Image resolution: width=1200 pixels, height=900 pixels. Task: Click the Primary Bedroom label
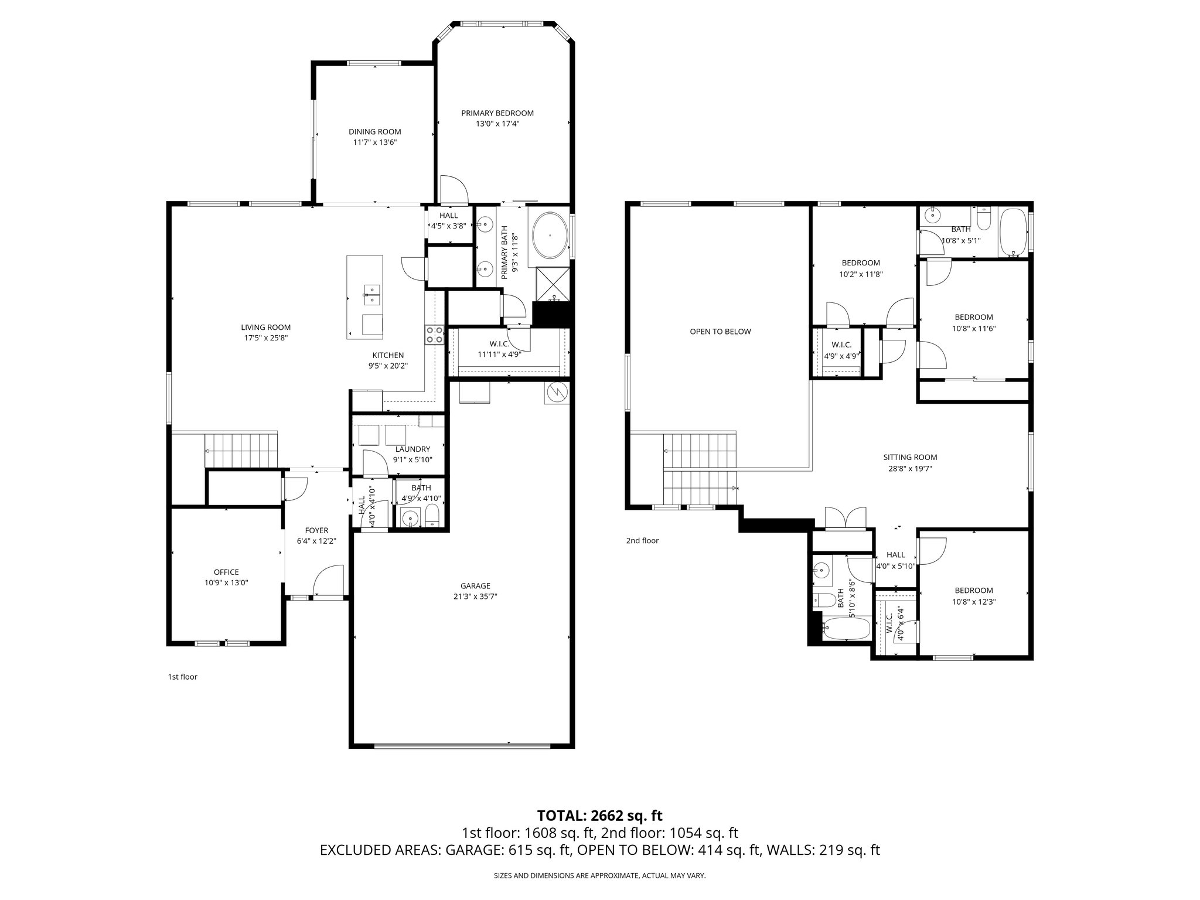pos(497,113)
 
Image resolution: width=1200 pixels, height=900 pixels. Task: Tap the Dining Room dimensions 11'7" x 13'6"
pos(374,142)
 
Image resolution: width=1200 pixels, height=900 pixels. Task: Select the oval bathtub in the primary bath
pos(550,236)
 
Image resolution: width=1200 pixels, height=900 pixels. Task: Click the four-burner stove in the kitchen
pos(434,335)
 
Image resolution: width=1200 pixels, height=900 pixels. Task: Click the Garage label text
pos(475,586)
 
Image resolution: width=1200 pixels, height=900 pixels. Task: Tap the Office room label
pos(226,572)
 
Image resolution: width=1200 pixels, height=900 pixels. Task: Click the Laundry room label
pos(412,449)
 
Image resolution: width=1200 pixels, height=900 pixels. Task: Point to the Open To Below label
pos(720,332)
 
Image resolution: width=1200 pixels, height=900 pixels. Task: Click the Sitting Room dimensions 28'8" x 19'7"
pos(910,469)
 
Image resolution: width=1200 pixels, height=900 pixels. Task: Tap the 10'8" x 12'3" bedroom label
pos(974,602)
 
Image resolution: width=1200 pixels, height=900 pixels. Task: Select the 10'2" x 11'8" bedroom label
pos(861,274)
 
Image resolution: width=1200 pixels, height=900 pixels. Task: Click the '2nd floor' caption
pos(642,541)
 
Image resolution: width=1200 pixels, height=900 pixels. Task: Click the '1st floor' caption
pos(182,677)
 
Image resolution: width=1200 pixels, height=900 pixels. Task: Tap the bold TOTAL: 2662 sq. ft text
pos(599,815)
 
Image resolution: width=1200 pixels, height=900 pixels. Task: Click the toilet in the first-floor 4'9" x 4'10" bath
pos(432,516)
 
